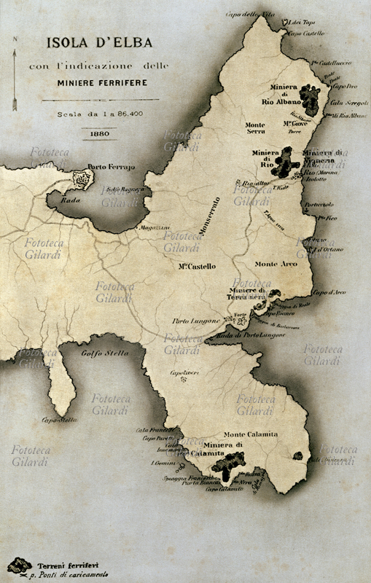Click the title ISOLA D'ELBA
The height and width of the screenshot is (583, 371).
pyautogui.click(x=98, y=44)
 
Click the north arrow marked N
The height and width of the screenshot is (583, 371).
pyautogui.click(x=14, y=73)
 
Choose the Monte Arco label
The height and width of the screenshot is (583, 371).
pyautogui.click(x=276, y=264)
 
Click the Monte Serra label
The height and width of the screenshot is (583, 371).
pyautogui.click(x=256, y=128)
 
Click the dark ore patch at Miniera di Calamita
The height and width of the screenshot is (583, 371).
pyautogui.click(x=234, y=461)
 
